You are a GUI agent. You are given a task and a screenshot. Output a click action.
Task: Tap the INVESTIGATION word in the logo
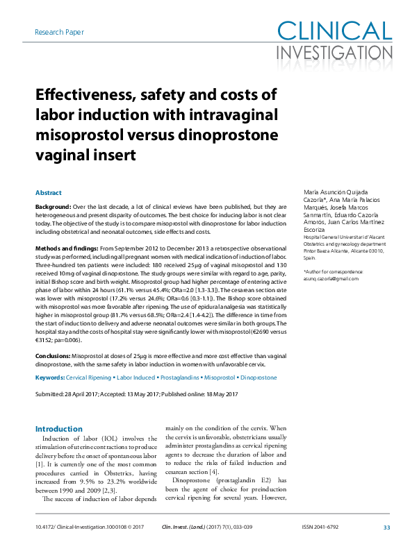334,52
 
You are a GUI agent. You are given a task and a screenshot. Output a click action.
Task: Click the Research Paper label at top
60,33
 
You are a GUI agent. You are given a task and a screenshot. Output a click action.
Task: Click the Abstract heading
49,193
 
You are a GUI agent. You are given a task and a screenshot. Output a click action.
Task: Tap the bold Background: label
53,207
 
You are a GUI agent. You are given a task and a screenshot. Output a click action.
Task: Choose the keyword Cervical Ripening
89,378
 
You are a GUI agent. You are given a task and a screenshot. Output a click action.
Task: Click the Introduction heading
59,429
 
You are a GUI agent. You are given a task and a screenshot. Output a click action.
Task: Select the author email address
331,278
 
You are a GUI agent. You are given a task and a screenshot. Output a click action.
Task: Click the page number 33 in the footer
386,527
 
